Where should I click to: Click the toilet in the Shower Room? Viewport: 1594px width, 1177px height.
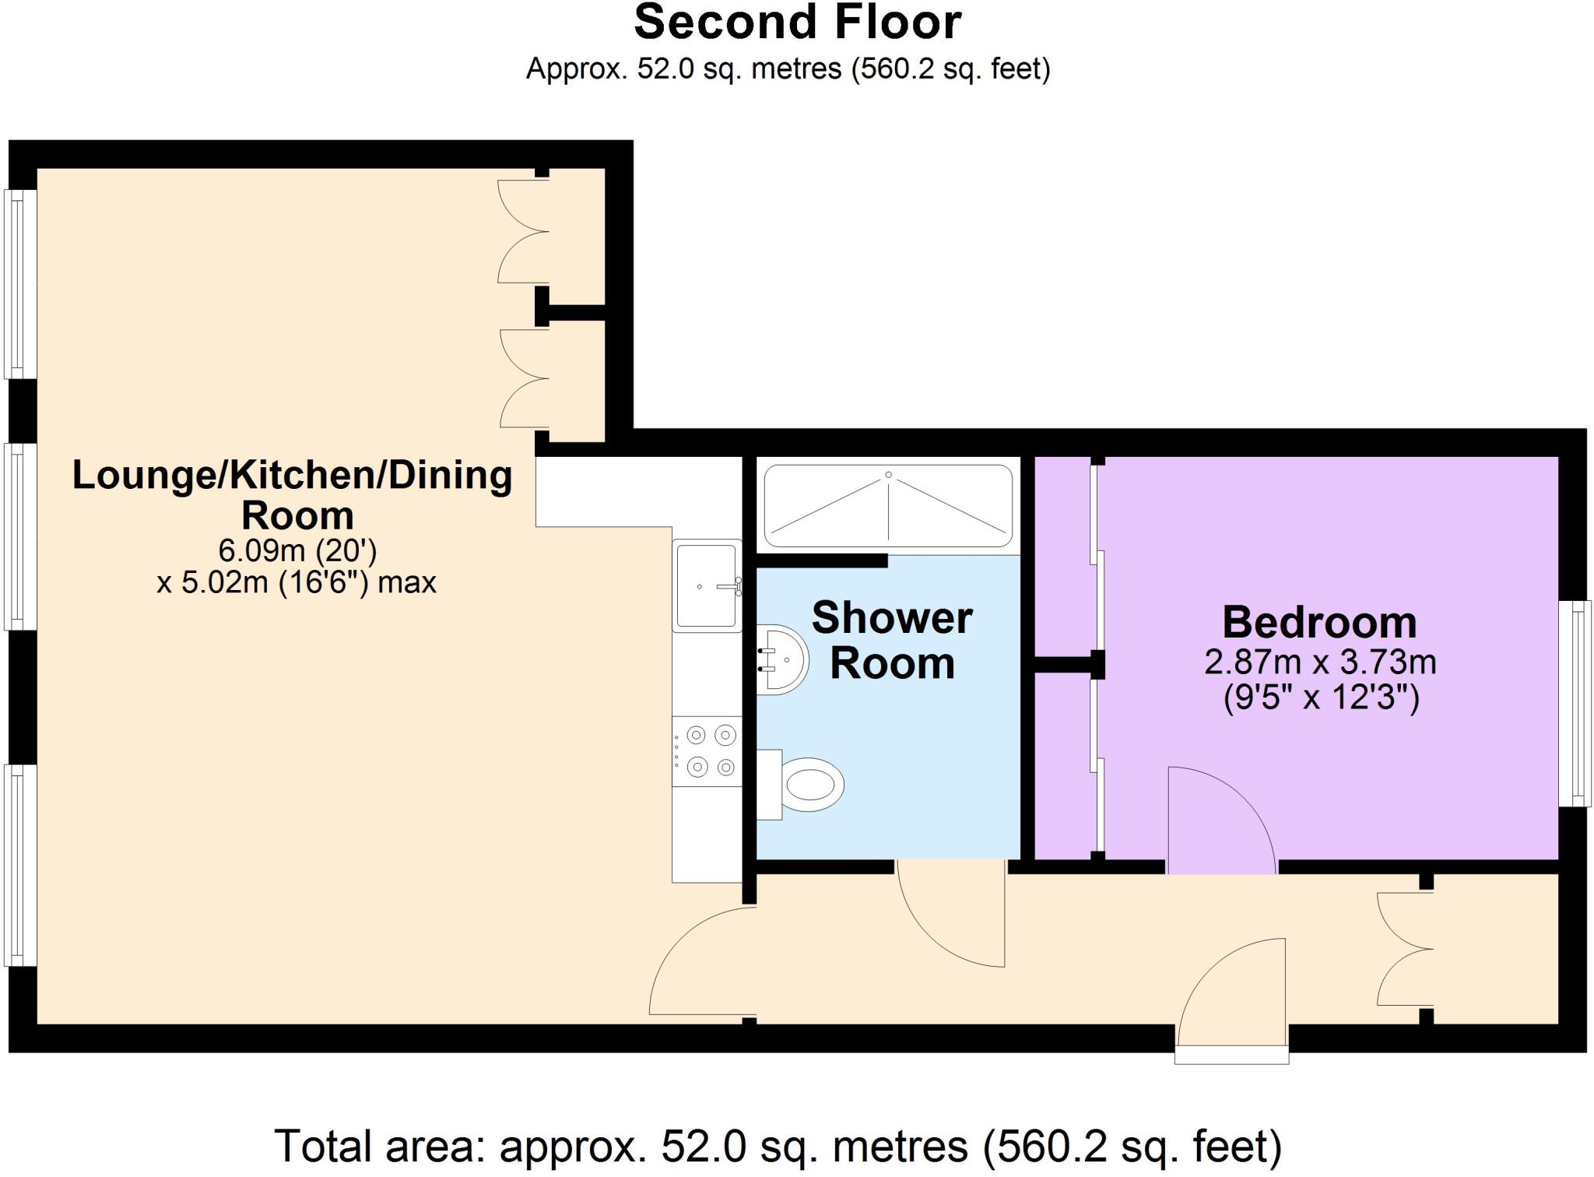[802, 785]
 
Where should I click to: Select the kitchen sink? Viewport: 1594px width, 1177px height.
[707, 585]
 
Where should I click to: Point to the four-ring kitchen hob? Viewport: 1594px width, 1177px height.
[707, 751]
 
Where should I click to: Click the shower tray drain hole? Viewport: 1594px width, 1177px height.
[888, 475]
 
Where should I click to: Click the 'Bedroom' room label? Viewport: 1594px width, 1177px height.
[1319, 622]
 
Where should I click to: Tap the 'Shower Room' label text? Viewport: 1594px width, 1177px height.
[892, 640]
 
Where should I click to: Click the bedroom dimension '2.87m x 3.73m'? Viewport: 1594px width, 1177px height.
[1320, 662]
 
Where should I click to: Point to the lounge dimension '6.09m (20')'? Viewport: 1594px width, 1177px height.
[297, 551]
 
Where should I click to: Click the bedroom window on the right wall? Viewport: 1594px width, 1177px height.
[1575, 703]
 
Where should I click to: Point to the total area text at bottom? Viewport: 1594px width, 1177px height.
[778, 1145]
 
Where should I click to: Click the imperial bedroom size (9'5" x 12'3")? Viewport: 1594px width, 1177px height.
[1321, 697]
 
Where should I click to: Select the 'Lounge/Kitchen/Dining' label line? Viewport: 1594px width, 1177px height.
[293, 475]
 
